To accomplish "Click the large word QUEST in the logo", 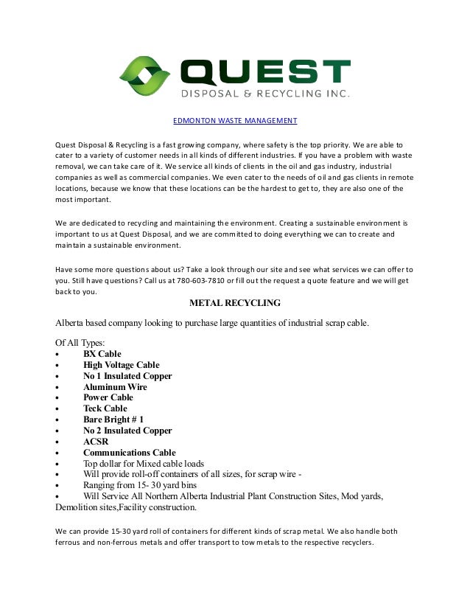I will (265, 72).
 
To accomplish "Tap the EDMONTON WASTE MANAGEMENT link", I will (234, 120).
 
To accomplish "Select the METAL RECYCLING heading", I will (234, 303).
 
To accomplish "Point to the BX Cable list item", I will (102, 354).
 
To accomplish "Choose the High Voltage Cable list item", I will (121, 365).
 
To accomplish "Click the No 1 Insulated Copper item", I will (127, 376).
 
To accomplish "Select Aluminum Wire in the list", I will (115, 387).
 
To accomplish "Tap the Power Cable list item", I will (108, 397).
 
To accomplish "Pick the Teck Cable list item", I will (105, 408).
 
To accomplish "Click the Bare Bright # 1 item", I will (113, 420).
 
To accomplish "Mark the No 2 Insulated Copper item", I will (127, 431).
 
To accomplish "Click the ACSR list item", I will (97, 442).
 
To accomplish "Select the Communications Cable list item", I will (129, 453).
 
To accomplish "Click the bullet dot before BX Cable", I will (57, 355).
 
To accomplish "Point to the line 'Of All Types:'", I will (80, 342).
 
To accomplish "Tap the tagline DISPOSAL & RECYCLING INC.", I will (265, 94).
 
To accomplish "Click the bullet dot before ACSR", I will (57, 442).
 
